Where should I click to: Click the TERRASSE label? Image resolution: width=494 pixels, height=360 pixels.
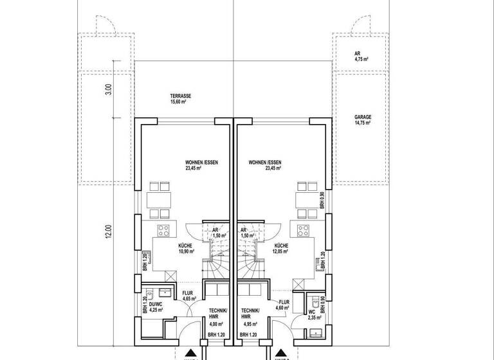coord(181,98)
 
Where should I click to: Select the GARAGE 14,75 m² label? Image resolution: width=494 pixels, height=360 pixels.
coord(363,120)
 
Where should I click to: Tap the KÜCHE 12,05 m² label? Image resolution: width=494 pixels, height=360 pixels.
coord(282,249)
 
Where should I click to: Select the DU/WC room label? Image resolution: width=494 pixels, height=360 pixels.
coord(156,307)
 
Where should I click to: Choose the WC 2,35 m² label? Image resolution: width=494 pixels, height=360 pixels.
coord(315,314)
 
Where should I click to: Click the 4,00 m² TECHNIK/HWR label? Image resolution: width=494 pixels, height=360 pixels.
coord(218,318)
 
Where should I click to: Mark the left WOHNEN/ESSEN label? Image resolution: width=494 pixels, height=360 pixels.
coord(202,166)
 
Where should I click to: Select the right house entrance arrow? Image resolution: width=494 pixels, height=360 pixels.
coord(279,353)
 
